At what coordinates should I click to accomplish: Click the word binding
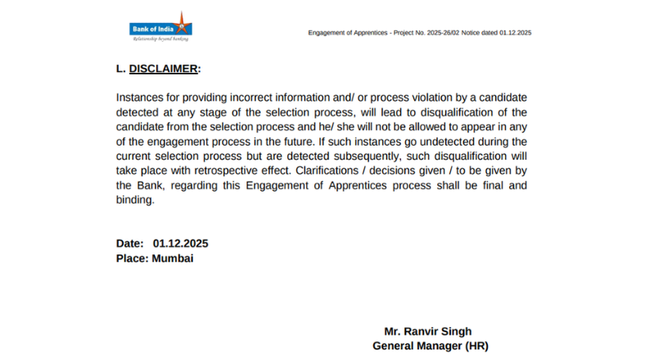[135, 200]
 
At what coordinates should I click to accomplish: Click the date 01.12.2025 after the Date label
[180, 244]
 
